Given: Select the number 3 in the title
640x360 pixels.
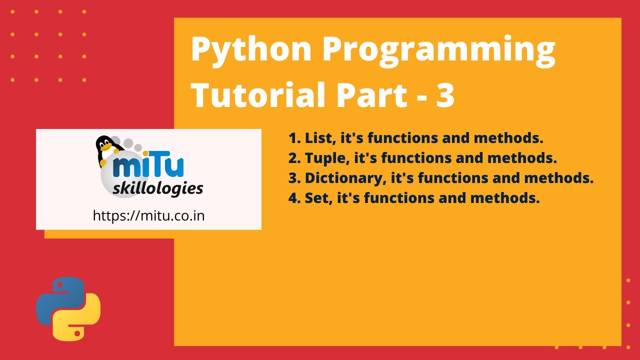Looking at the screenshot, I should tap(445, 94).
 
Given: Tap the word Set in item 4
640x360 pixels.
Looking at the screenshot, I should tap(316, 198).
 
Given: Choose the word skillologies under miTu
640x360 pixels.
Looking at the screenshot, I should tap(158, 189).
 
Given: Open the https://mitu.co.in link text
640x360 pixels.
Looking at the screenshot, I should tap(149, 215).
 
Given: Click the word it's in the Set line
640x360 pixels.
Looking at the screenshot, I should tap(348, 198).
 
